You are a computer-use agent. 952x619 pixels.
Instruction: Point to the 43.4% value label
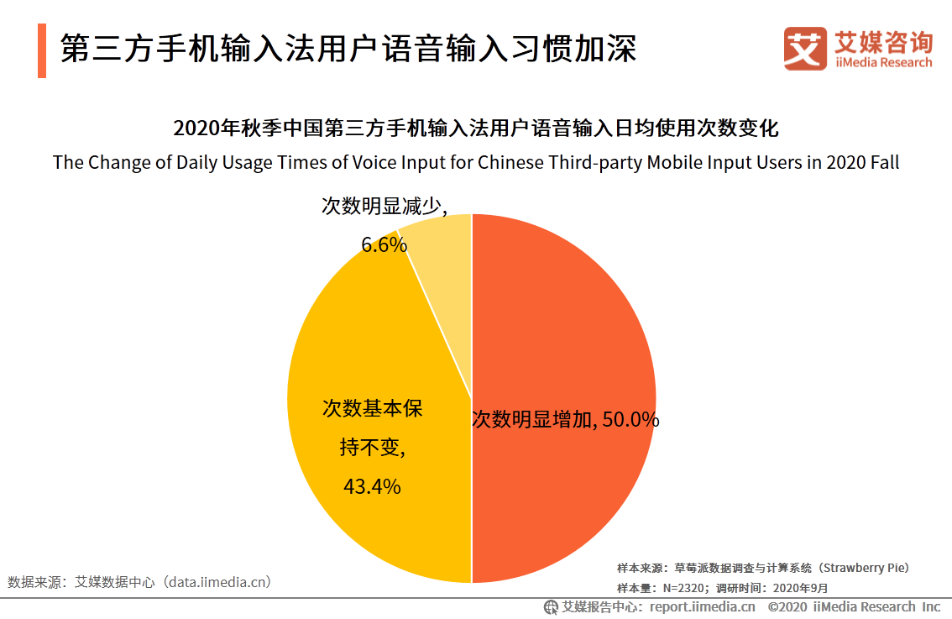371,485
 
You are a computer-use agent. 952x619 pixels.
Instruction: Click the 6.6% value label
384,244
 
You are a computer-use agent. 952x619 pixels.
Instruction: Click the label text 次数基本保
372,408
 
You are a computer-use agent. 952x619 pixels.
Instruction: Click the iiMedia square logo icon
805,48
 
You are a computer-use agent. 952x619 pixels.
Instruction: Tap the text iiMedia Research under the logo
883,63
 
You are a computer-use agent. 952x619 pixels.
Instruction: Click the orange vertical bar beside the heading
42,50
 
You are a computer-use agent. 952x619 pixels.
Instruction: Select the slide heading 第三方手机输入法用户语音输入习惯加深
348,49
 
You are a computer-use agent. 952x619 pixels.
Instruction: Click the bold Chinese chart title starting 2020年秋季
476,129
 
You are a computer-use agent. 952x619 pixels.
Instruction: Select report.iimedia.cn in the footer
702,606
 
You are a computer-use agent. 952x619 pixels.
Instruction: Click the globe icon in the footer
551,606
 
